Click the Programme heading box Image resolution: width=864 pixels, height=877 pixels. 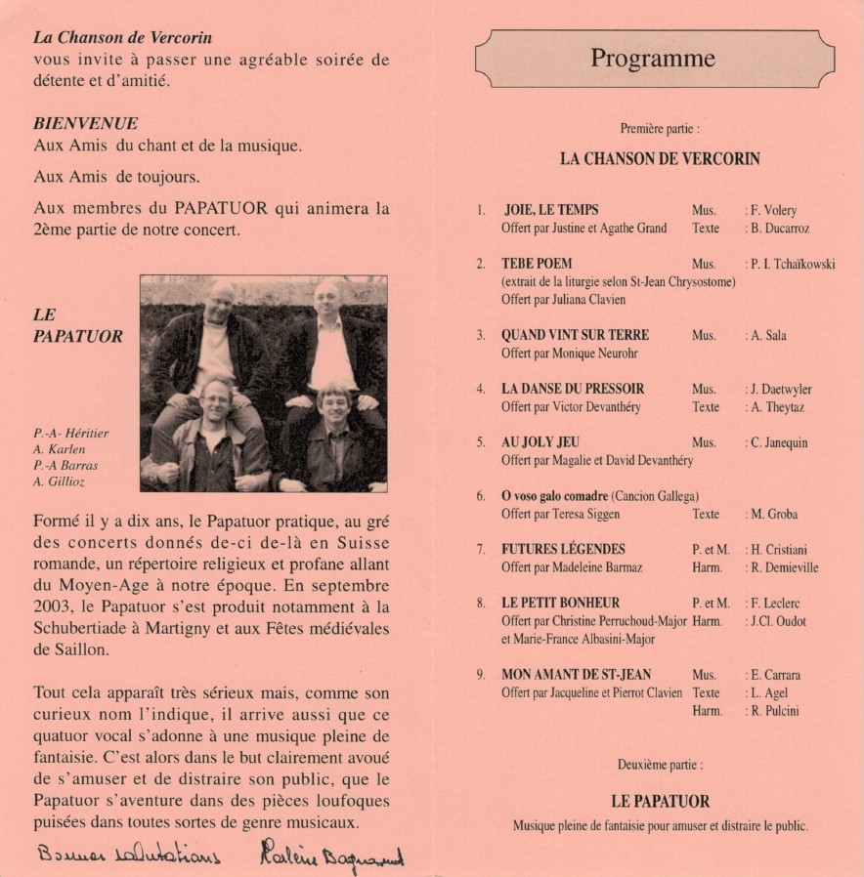pos(653,59)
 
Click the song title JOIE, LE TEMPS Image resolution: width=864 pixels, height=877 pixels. pos(551,210)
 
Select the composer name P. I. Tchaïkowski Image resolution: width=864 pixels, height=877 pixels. pos(793,264)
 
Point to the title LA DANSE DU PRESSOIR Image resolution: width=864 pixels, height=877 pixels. pos(573,389)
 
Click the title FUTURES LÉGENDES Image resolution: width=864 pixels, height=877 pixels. pos(563,549)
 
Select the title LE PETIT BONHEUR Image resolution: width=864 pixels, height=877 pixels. pos(560,603)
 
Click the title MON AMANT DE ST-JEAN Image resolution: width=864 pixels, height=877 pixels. pos(576,675)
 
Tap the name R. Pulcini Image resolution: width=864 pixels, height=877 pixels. pos(775,711)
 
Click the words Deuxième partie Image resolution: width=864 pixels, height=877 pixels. pos(660,765)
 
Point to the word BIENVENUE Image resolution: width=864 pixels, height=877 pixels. pos(85,124)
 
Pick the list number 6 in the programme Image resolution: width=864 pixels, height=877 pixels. pos(481,496)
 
